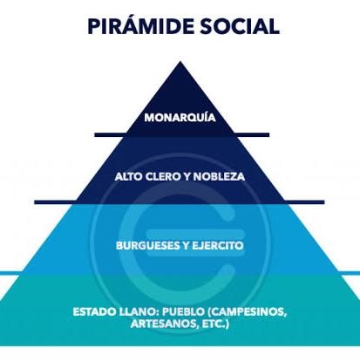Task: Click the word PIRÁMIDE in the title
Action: click(x=140, y=25)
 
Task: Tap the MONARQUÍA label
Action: click(x=180, y=117)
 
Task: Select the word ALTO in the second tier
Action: click(x=128, y=176)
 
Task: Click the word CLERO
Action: click(x=163, y=176)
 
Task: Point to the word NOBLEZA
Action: click(x=220, y=176)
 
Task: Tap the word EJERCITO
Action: click(x=218, y=246)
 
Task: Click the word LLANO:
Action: click(x=139, y=311)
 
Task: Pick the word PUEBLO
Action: click(x=183, y=311)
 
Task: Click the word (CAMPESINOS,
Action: click(x=248, y=312)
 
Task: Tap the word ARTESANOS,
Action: click(x=164, y=324)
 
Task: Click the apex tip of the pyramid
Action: click(x=180, y=62)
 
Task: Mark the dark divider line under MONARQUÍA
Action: click(x=182, y=135)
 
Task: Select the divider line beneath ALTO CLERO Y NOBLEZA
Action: click(x=180, y=202)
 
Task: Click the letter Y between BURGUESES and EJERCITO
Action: click(x=186, y=246)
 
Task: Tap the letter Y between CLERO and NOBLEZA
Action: click(x=187, y=176)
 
